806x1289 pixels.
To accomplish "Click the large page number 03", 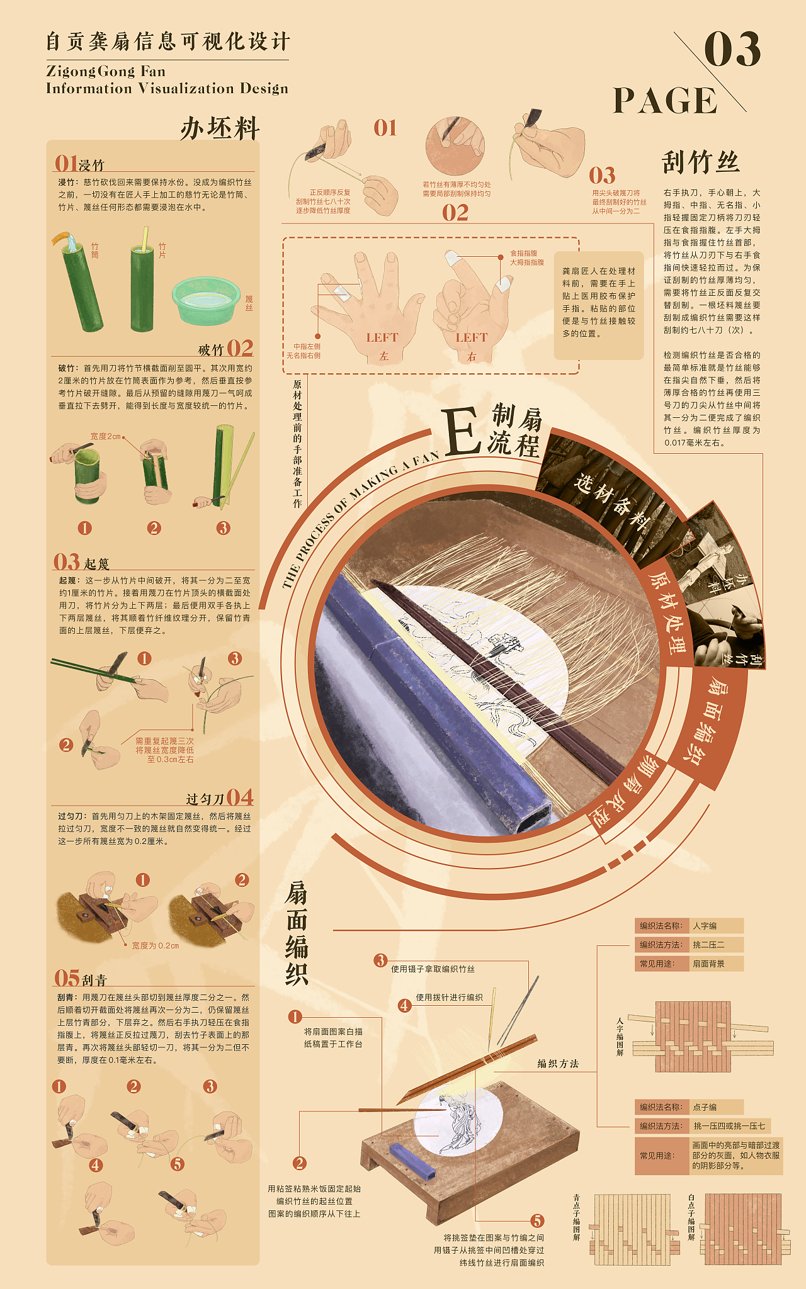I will pyautogui.click(x=732, y=50).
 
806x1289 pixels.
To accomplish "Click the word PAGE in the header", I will pyautogui.click(x=665, y=101).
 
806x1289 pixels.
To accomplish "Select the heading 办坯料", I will pyautogui.click(x=220, y=129).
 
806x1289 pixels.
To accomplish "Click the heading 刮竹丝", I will pyautogui.click(x=700, y=162).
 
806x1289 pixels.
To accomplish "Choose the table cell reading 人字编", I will pyautogui.click(x=716, y=926).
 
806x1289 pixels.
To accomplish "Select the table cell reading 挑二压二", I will pyautogui.click(x=716, y=945).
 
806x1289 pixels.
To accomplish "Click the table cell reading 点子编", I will pyautogui.click(x=716, y=1107).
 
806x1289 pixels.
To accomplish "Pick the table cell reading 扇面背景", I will pyautogui.click(x=716, y=964).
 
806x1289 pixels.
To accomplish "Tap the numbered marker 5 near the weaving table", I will pyautogui.click(x=537, y=1221).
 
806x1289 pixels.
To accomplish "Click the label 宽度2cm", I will pyautogui.click(x=105, y=436).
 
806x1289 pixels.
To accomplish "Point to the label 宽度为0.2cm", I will pyautogui.click(x=156, y=945).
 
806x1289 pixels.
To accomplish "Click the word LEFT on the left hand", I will pyautogui.click(x=382, y=338).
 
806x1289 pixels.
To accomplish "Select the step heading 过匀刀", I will pyautogui.click(x=205, y=799).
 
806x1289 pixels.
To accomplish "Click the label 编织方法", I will pyautogui.click(x=558, y=1064).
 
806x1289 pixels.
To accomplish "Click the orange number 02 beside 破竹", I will pyautogui.click(x=240, y=348).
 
